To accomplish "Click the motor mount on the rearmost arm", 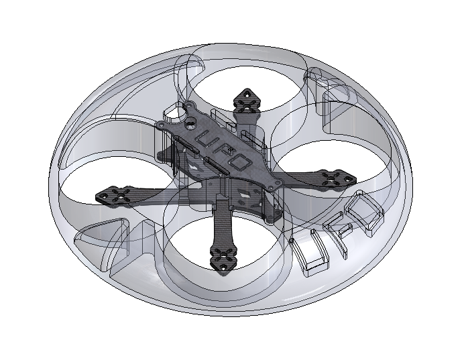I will tap(247, 101).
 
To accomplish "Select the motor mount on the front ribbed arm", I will tap(223, 257).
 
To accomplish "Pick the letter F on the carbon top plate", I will tap(222, 151).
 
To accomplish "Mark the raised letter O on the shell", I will tap(366, 208).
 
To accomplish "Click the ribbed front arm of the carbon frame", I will tap(221, 228).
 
